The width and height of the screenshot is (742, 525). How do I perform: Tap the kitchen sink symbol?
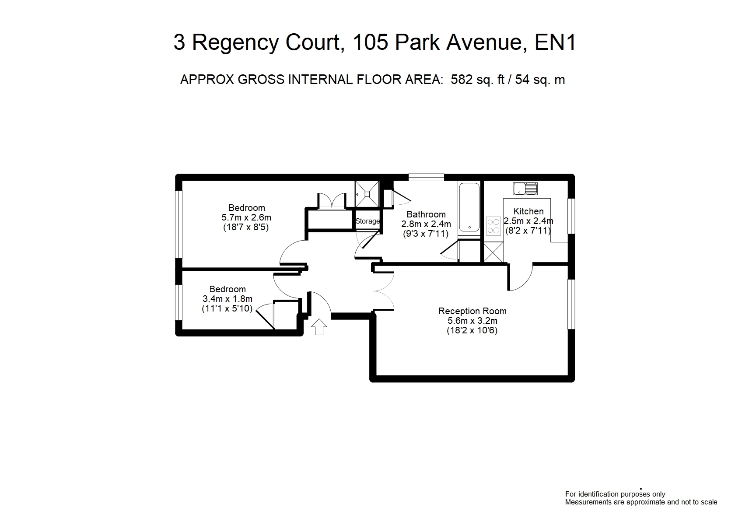click(525, 189)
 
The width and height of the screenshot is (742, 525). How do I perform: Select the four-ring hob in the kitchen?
click(493, 226)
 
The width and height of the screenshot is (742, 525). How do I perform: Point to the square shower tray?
click(367, 194)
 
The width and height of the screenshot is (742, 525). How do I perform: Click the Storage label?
click(367, 221)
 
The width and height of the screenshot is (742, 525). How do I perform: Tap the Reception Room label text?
click(472, 311)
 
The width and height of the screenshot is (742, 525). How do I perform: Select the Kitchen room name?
click(528, 211)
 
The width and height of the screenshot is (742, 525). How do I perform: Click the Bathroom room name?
click(426, 214)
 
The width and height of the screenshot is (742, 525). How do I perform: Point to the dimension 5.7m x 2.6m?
click(246, 217)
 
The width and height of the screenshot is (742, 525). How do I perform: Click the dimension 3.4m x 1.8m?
click(227, 299)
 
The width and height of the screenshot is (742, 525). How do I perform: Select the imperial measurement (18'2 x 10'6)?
click(472, 330)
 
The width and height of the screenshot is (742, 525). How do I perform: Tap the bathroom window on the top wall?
click(426, 177)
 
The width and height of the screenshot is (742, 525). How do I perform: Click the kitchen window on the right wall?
click(571, 216)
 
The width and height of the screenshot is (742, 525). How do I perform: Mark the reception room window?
click(571, 304)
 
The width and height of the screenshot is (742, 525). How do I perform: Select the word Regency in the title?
click(235, 43)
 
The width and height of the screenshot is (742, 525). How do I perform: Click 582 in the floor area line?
click(462, 80)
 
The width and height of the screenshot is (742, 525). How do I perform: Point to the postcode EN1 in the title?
click(556, 42)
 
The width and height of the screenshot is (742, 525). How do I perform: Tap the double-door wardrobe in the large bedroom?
click(332, 201)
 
